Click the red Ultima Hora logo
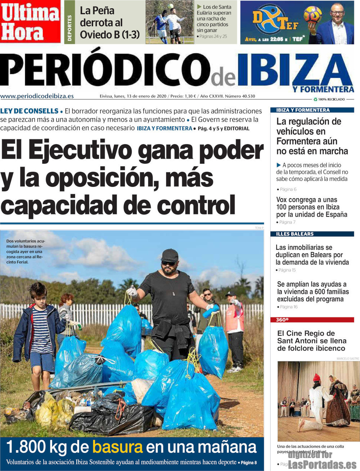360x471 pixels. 30,22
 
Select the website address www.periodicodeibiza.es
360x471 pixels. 37,96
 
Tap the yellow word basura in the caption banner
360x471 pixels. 117,447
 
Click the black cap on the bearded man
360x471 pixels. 170,255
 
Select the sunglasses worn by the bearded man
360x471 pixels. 168,263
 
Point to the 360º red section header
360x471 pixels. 283,320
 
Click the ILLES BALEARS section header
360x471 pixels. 295,234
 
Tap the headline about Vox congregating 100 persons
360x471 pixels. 311,207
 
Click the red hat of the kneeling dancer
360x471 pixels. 316,377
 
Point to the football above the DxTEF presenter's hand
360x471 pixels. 312,14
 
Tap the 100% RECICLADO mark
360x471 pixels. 329,99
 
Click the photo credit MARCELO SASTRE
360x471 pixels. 348,359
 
